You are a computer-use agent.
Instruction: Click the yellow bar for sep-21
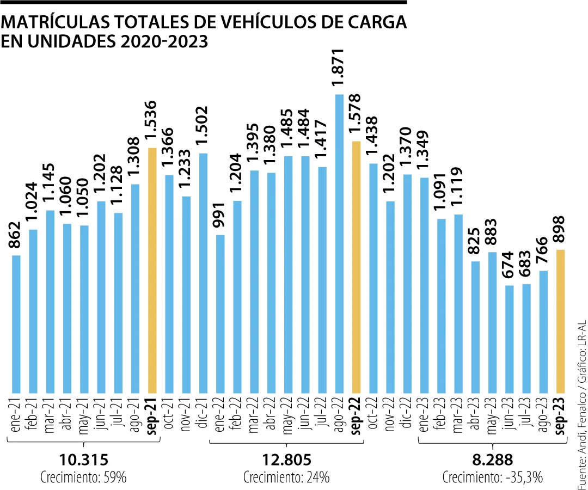tap(152, 270)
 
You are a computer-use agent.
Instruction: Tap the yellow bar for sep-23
tap(560, 321)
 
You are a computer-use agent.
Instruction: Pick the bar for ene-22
tap(220, 314)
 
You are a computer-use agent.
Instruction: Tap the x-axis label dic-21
tap(203, 415)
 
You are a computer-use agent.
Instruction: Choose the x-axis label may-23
tap(492, 415)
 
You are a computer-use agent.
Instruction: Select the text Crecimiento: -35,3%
tap(492, 463)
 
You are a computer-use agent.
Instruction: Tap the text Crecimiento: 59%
tap(83, 463)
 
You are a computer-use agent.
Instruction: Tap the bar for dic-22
tap(407, 283)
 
